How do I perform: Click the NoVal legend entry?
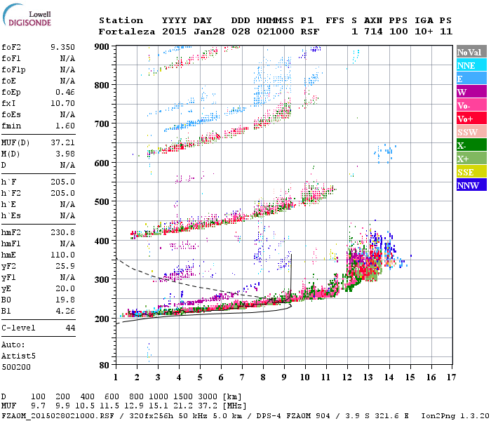[x=471, y=52]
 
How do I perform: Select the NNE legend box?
[x=471, y=65]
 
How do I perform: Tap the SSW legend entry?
[x=471, y=132]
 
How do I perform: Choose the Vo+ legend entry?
[x=471, y=119]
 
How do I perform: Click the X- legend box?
[x=471, y=145]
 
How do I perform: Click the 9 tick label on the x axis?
[x=284, y=377]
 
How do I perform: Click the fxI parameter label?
[x=9, y=103]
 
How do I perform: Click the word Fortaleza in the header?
[x=121, y=32]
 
